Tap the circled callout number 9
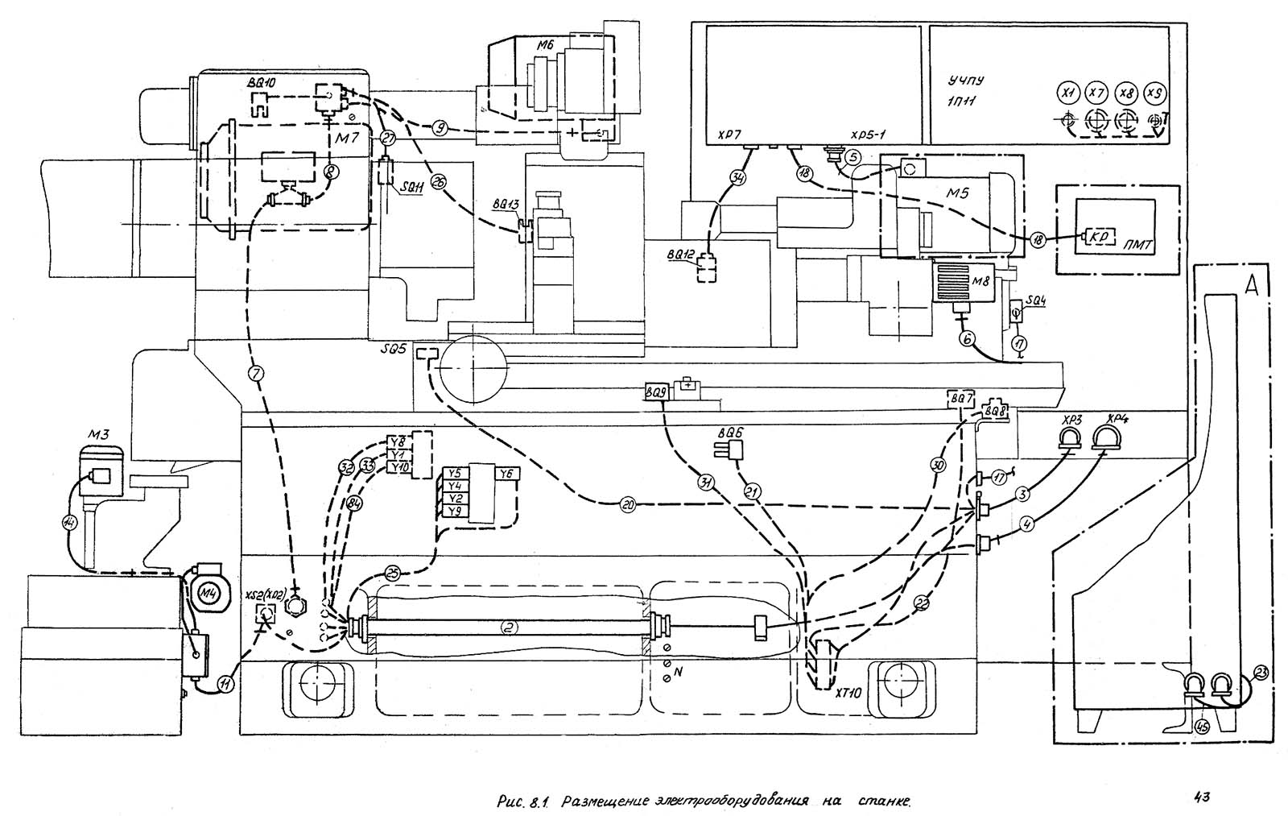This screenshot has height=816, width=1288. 439,126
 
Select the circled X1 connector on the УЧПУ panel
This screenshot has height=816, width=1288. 1069,93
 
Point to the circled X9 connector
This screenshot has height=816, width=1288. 1155,93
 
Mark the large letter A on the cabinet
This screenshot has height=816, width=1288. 1228,284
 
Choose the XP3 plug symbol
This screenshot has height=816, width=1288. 1070,436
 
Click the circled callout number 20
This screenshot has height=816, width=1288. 628,505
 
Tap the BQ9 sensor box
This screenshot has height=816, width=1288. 655,392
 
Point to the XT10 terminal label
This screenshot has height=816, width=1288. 848,690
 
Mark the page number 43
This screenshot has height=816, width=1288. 1203,797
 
